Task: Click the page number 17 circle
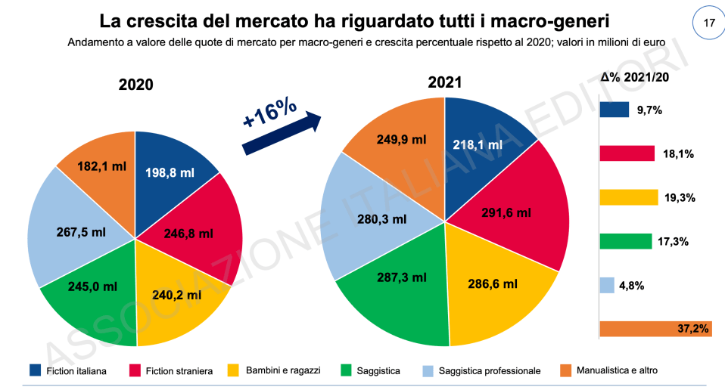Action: pyautogui.click(x=708, y=23)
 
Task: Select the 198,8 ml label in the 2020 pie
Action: pyautogui.click(x=170, y=173)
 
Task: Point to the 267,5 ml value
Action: pyautogui.click(x=81, y=232)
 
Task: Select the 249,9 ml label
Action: pyautogui.click(x=391, y=148)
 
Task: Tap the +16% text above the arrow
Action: pyautogui.click(x=269, y=111)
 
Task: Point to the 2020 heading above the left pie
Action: pyautogui.click(x=136, y=85)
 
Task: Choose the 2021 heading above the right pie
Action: pyautogui.click(x=445, y=82)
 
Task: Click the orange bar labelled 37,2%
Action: pyautogui.click(x=655, y=329)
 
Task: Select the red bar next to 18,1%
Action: pyautogui.click(x=627, y=153)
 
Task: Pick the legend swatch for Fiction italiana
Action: pyautogui.click(x=35, y=370)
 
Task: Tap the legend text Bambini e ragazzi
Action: pyautogui.click(x=284, y=370)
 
